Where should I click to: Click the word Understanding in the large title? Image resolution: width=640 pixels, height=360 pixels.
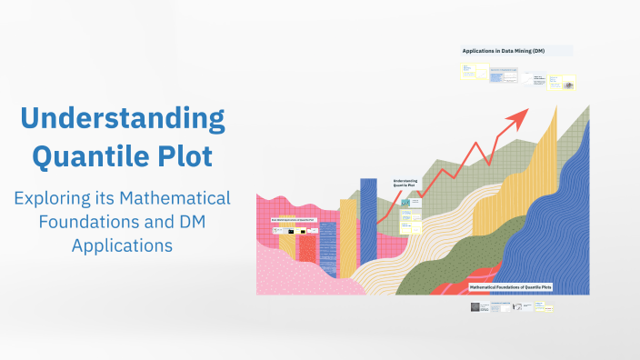pyautogui.click(x=122, y=119)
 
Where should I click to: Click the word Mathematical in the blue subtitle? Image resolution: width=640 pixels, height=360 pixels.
pyautogui.click(x=178, y=198)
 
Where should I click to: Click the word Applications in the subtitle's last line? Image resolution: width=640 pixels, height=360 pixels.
pyautogui.click(x=122, y=245)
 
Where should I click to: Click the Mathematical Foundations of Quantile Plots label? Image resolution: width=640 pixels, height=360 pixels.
pyautogui.click(x=509, y=286)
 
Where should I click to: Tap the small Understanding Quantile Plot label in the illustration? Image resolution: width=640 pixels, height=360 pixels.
pyautogui.click(x=405, y=184)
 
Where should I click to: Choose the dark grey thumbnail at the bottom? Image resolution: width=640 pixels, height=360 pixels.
pyautogui.click(x=475, y=307)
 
